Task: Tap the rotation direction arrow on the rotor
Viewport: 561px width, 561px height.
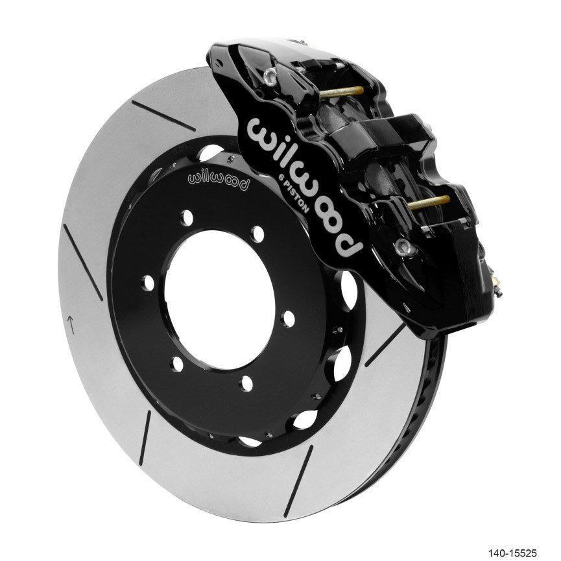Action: pyautogui.click(x=71, y=324)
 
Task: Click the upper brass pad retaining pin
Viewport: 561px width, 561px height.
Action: pyautogui.click(x=342, y=92)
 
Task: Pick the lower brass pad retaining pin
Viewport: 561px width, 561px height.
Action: pyautogui.click(x=429, y=202)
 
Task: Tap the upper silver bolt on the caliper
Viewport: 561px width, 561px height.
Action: pyautogui.click(x=270, y=78)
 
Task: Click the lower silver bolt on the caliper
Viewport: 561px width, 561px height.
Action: pyautogui.click(x=402, y=246)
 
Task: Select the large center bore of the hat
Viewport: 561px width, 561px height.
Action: pyautogui.click(x=220, y=299)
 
